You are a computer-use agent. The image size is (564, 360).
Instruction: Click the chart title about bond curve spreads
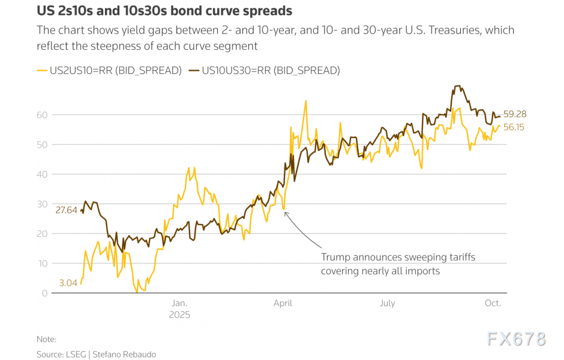point(164,11)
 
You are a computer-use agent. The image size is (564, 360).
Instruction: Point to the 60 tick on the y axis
point(43,115)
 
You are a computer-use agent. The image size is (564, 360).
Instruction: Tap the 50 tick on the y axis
point(43,145)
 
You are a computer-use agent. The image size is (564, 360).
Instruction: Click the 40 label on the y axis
point(43,174)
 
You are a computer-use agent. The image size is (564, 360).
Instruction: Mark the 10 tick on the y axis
point(43,263)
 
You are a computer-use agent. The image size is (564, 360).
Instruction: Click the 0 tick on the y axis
point(45,293)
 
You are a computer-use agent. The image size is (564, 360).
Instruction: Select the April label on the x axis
point(283,303)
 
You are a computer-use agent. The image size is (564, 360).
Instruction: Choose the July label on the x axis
point(388,303)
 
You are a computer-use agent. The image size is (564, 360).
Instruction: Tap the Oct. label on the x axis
point(492,303)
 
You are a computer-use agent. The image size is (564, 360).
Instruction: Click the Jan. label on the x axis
point(180,303)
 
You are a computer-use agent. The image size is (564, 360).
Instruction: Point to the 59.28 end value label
point(515,113)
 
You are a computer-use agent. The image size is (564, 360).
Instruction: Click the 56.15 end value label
point(514,127)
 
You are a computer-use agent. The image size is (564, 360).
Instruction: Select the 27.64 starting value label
point(67,210)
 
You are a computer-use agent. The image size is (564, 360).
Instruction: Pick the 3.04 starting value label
point(68,283)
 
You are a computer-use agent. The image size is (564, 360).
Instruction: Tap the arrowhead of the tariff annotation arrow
point(285,212)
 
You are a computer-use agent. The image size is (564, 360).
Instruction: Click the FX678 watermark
point(517,339)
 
